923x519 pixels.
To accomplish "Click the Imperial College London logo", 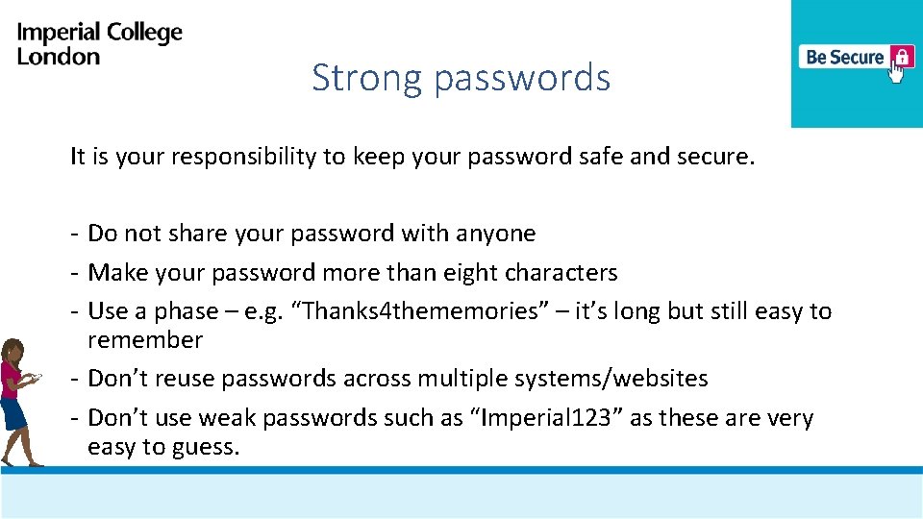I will click(x=99, y=43).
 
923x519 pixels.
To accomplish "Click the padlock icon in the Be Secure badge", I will click(x=901, y=56).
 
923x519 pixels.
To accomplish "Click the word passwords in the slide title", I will click(x=522, y=79).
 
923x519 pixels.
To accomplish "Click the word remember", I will click(x=145, y=340).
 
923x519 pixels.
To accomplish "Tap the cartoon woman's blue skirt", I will click(x=12, y=414).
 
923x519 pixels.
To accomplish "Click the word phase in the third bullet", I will click(x=187, y=312).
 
